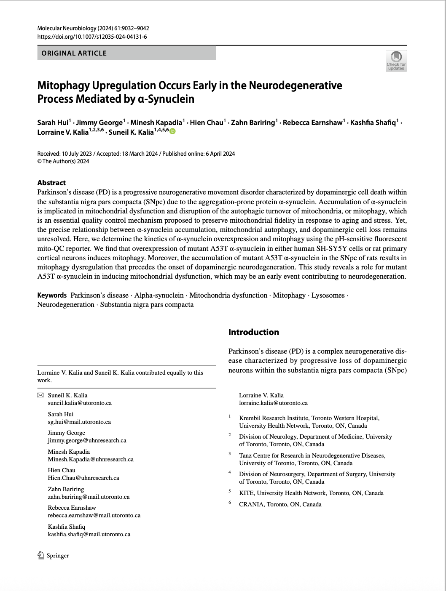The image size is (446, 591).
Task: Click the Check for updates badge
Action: (396, 61)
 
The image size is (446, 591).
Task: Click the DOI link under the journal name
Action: (92, 37)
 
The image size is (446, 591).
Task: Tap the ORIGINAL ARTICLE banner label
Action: (74, 53)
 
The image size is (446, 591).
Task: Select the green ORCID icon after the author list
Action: (172, 131)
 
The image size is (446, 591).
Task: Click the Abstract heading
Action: (51, 183)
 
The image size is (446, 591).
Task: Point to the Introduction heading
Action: (253, 332)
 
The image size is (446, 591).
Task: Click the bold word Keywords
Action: (52, 295)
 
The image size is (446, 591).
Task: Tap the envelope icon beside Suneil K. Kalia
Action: (40, 395)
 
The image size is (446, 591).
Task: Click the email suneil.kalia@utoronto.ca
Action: (80, 403)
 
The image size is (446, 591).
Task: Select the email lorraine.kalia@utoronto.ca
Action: (273, 403)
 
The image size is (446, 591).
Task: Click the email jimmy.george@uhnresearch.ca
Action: (87, 440)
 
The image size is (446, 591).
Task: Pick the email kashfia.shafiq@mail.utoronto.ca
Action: (89, 534)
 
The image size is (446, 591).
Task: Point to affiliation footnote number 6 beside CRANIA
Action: (230, 503)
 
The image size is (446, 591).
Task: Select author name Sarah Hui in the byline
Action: (53, 122)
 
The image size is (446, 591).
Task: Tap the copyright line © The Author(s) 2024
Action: (63, 161)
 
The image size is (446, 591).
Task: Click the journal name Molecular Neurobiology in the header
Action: (67, 28)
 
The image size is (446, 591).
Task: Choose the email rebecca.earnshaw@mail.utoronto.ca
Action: (94, 515)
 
